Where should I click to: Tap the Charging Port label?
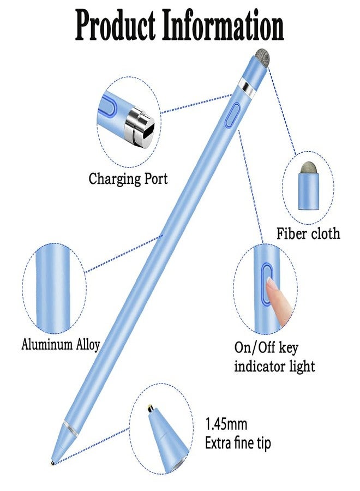[x=128, y=179]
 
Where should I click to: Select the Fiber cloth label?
[x=308, y=234]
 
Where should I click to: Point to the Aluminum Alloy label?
[x=61, y=344]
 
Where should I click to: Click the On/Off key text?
[x=266, y=348]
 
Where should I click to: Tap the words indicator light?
[x=274, y=367]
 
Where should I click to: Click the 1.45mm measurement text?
[x=226, y=424]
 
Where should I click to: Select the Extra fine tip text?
[x=238, y=444]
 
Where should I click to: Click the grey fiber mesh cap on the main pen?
[x=262, y=58]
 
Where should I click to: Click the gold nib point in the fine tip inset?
[x=150, y=408]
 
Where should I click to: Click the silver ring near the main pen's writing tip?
[x=70, y=427]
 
